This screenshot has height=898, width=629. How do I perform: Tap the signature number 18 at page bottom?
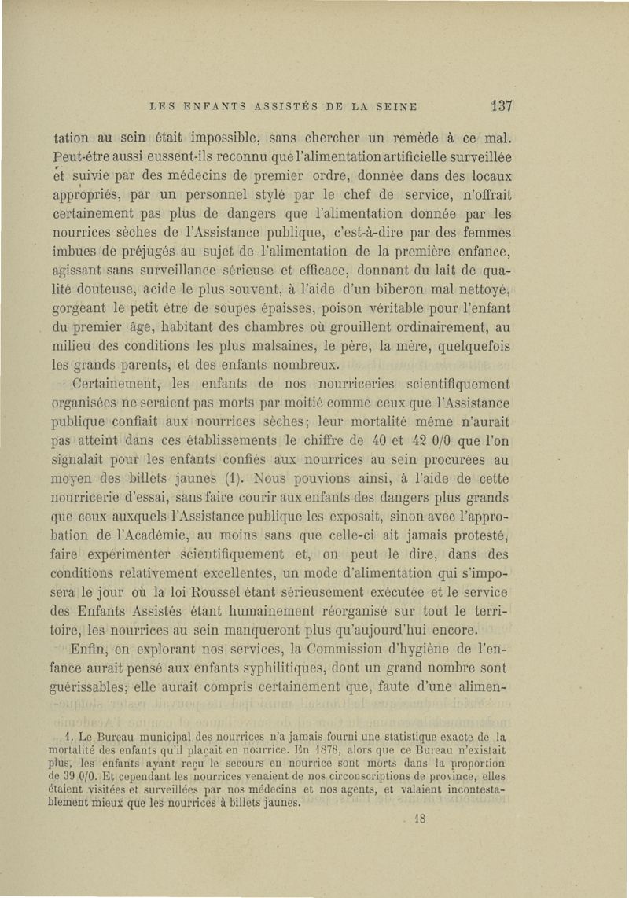tap(419, 818)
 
